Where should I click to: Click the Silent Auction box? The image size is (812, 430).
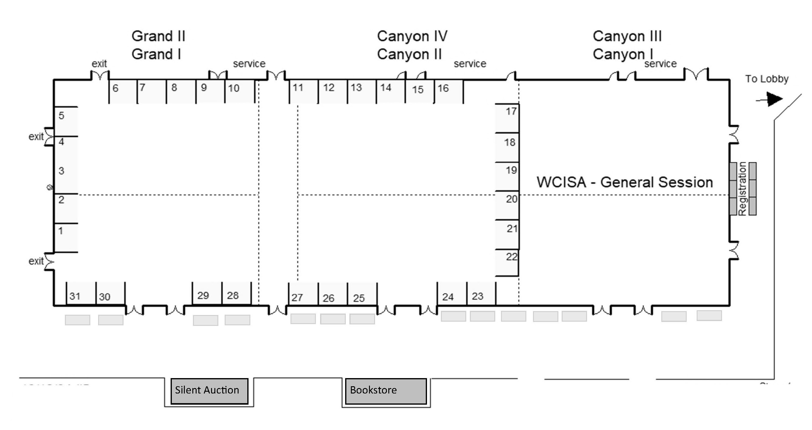tap(209, 391)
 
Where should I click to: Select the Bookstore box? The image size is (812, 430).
tap(386, 391)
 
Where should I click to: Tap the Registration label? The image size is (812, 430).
tap(742, 189)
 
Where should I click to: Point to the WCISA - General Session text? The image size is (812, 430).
tap(624, 182)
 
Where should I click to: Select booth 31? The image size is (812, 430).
tap(81, 293)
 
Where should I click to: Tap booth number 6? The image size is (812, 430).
tap(123, 91)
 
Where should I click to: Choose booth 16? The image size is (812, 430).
tap(448, 91)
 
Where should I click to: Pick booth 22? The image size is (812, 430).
tap(508, 263)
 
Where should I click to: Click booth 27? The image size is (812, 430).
tap(303, 294)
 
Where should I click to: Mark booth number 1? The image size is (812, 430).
tap(66, 237)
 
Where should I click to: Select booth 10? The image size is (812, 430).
tap(239, 91)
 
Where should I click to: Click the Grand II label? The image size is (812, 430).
tap(158, 36)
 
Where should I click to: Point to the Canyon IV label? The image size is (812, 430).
tap(412, 36)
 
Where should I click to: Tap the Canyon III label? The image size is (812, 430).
tap(627, 36)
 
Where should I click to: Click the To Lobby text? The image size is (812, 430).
tap(766, 79)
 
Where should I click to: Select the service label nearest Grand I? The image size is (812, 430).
tap(249, 64)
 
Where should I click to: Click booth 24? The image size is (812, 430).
tap(451, 294)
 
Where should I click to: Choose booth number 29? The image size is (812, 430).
tap(207, 293)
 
